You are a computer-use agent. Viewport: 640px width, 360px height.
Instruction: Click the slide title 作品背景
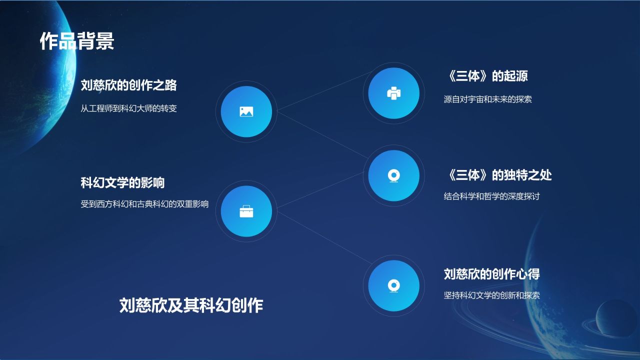pos(77,41)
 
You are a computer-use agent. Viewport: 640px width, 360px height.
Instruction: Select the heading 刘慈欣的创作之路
pos(128,85)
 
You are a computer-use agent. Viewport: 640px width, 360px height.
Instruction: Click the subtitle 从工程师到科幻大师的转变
pos(128,108)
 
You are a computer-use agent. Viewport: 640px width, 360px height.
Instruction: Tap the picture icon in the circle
pos(246,111)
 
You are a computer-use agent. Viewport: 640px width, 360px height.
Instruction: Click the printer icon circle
pos(393,93)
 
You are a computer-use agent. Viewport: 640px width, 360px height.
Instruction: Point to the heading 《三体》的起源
pos(485,76)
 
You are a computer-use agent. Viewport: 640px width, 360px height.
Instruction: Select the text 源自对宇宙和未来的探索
pos(487,99)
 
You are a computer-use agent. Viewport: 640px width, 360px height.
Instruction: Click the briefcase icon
pos(246,211)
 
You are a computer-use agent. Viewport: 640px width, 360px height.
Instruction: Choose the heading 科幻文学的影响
pos(122,182)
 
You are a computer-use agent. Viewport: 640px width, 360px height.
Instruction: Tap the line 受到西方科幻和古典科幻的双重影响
pos(144,204)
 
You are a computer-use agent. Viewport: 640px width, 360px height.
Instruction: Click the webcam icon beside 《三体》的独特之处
pos(393,175)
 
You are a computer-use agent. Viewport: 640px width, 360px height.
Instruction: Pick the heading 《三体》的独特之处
pos(497,175)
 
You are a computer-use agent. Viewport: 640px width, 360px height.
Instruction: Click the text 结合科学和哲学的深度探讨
pos(491,196)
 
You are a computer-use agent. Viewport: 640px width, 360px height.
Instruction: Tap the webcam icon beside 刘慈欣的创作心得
pos(393,285)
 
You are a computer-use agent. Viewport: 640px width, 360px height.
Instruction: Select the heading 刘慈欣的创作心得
pos(491,274)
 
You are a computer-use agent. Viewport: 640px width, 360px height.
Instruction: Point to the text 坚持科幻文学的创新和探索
pos(491,295)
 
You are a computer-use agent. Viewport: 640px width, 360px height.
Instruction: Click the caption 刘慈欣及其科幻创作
pos(191,305)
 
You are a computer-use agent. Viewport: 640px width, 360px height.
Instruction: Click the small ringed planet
pos(616,319)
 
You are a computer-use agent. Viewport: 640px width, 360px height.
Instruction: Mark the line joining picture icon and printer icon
pos(320,93)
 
